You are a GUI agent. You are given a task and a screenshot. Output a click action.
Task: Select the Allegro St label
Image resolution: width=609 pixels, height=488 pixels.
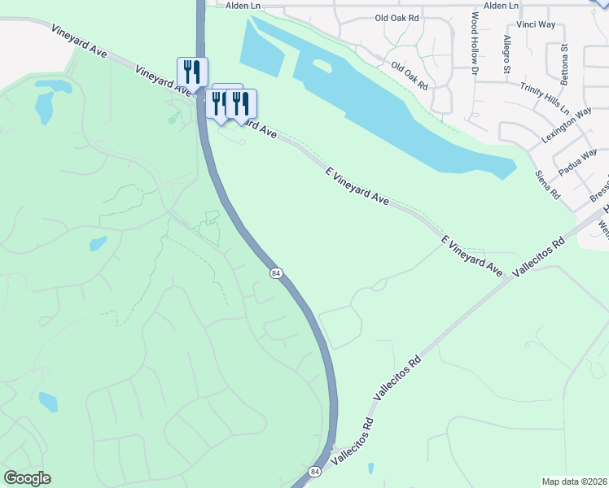(506, 54)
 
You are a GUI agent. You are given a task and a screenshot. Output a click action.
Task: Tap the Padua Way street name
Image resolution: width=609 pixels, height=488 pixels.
(578, 162)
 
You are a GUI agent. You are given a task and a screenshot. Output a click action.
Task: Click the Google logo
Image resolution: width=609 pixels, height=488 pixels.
(27, 478)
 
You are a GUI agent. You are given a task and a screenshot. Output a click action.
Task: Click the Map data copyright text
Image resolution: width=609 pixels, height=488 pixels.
(574, 481)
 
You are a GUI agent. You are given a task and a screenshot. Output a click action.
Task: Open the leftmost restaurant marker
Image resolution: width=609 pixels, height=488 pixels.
(192, 72)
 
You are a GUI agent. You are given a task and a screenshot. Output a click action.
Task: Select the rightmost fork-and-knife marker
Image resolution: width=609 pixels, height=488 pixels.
(241, 103)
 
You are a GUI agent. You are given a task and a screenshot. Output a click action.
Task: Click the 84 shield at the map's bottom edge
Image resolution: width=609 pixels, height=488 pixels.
(315, 472)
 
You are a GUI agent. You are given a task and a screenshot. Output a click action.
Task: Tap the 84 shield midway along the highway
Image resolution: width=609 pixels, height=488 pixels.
(276, 274)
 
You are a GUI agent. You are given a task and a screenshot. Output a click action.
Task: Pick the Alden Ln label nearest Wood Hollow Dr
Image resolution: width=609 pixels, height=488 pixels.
(501, 6)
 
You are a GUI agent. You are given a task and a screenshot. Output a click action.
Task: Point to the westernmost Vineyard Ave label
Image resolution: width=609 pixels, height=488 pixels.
(79, 40)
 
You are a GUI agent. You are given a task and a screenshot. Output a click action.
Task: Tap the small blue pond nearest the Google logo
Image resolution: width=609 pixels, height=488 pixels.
(48, 402)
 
